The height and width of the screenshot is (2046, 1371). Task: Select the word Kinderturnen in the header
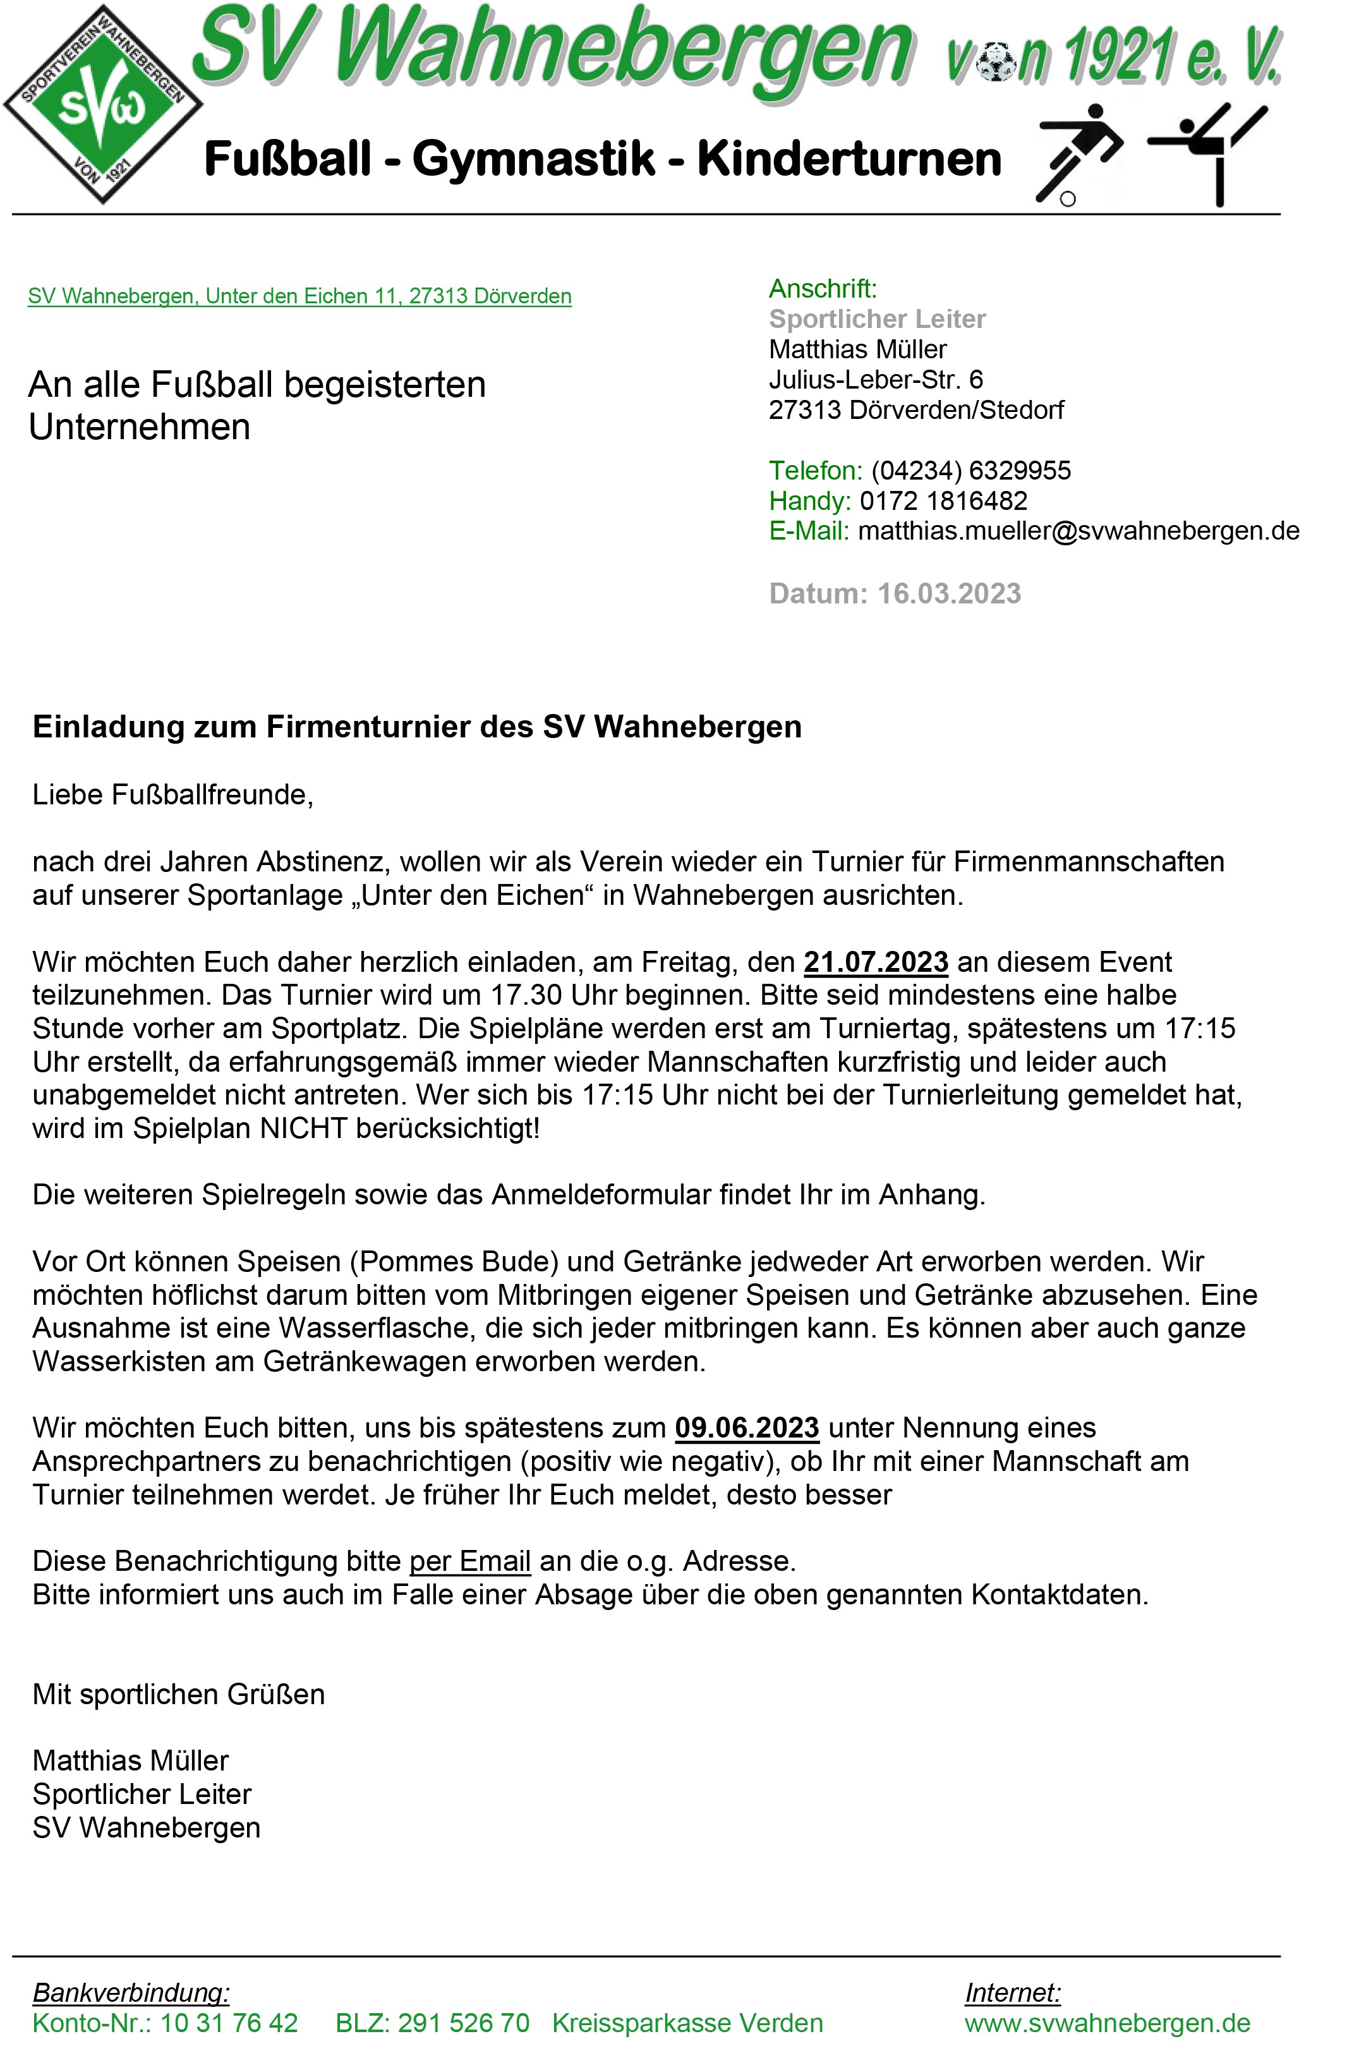pyautogui.click(x=848, y=159)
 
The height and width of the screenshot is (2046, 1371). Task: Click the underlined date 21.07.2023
pyautogui.click(x=875, y=962)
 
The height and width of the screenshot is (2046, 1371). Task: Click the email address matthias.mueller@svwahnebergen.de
pyautogui.click(x=1078, y=531)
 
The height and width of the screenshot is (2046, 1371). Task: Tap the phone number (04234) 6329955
pyautogui.click(x=970, y=470)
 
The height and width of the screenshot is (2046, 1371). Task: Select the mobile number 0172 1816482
pyautogui.click(x=943, y=501)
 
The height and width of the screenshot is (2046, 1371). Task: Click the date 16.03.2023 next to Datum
pyautogui.click(x=949, y=594)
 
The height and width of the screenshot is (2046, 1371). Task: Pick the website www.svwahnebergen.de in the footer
pyautogui.click(x=1107, y=2023)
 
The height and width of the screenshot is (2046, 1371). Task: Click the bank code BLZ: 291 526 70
pyautogui.click(x=432, y=2023)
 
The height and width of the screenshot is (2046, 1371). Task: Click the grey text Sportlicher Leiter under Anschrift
pyautogui.click(x=877, y=319)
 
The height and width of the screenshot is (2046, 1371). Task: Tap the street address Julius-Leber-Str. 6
pyautogui.click(x=875, y=380)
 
